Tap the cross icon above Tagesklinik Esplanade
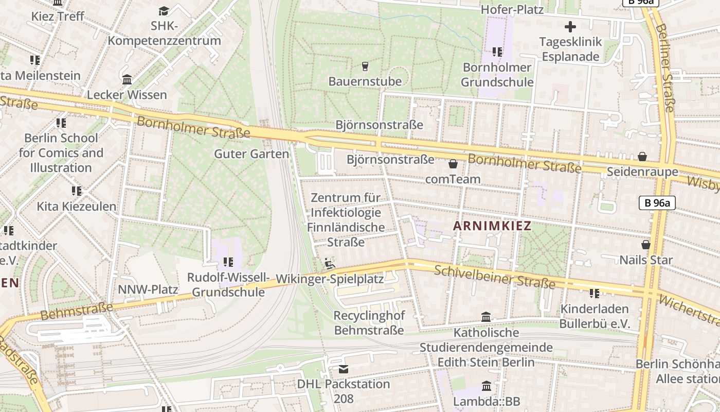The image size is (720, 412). [x=570, y=27]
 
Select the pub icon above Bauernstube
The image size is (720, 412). [x=365, y=66]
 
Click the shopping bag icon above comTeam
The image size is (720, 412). [x=453, y=164]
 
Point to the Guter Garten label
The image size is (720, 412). [x=251, y=153]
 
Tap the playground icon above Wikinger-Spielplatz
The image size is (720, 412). [x=330, y=264]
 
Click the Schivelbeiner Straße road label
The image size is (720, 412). [x=495, y=277]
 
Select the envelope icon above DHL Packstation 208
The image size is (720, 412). [x=343, y=369]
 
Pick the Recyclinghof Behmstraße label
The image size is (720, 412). [x=369, y=323]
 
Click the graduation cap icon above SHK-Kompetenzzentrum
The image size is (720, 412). [x=164, y=11]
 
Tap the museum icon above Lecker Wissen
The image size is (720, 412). [x=127, y=79]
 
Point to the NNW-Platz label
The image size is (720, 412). [x=148, y=289]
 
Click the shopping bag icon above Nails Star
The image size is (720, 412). [x=646, y=245]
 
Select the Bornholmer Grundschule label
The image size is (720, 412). [x=497, y=75]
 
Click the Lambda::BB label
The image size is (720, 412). [x=487, y=401]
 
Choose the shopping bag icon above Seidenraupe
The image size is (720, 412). [x=642, y=157]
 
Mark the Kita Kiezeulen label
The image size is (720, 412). [x=77, y=206]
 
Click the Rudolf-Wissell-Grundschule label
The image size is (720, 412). [x=228, y=285]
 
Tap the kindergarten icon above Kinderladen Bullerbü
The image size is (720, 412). [x=594, y=294]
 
